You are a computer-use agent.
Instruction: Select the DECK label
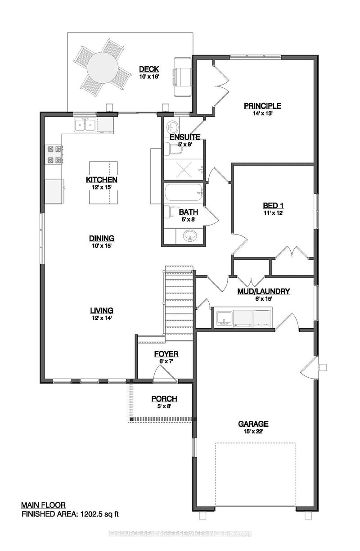point(148,69)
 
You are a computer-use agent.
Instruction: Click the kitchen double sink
point(85,124)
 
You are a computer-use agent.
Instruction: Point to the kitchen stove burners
point(54,154)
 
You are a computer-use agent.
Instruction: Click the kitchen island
point(103,182)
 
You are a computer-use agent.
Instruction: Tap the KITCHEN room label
point(102,180)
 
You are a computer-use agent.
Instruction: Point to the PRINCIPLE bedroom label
point(262,106)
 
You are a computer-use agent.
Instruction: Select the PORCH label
point(164,399)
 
